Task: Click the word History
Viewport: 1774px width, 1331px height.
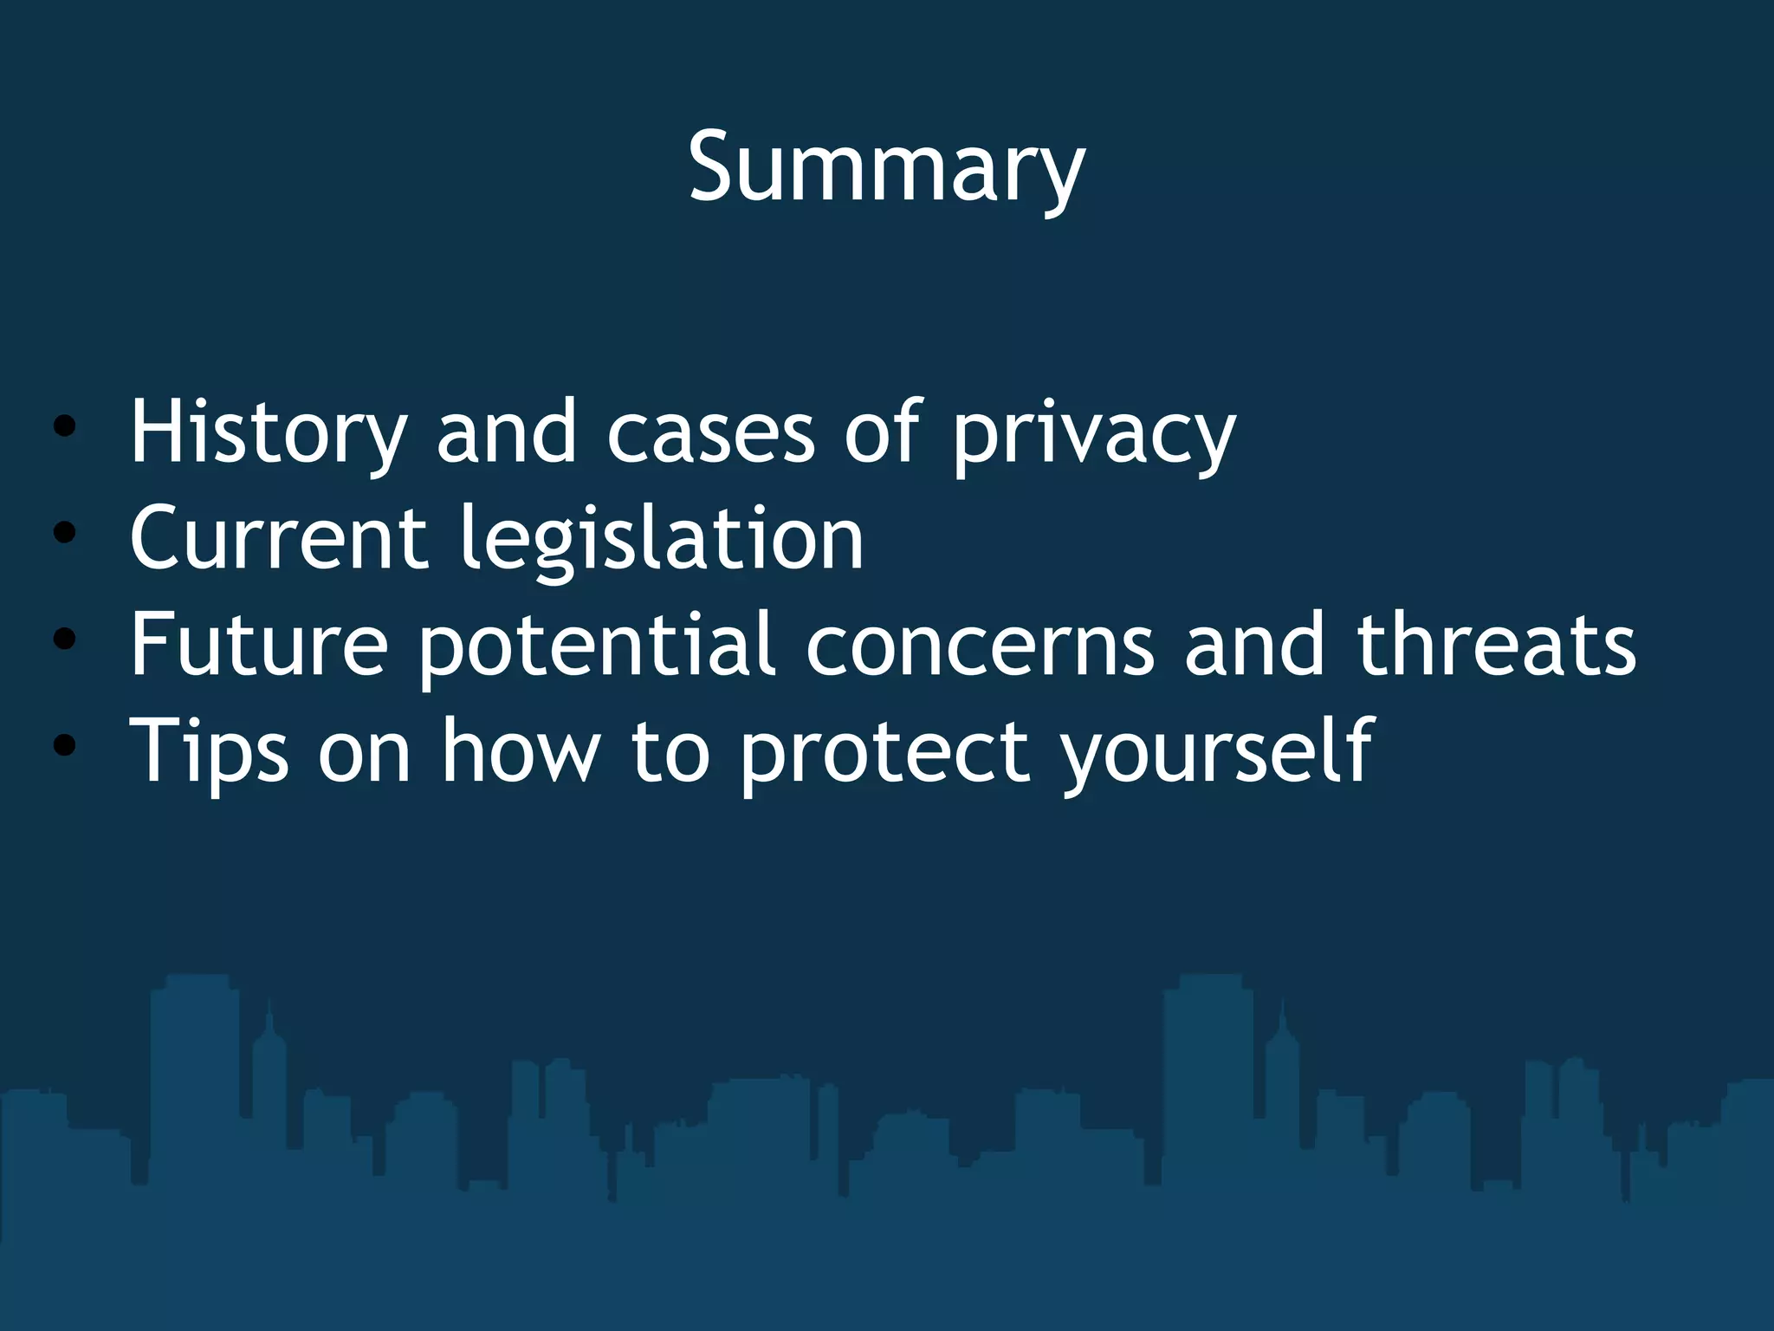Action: point(268,432)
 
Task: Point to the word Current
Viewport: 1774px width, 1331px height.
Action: point(278,538)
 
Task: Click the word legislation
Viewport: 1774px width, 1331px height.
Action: point(661,538)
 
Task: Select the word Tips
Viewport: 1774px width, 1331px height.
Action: point(209,750)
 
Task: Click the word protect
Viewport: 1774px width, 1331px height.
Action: point(884,750)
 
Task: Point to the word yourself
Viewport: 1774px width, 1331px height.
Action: point(1217,750)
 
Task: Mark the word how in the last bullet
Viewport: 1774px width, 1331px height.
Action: point(521,750)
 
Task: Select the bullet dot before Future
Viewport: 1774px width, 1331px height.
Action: point(64,640)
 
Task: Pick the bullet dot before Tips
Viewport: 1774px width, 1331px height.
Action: point(64,745)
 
